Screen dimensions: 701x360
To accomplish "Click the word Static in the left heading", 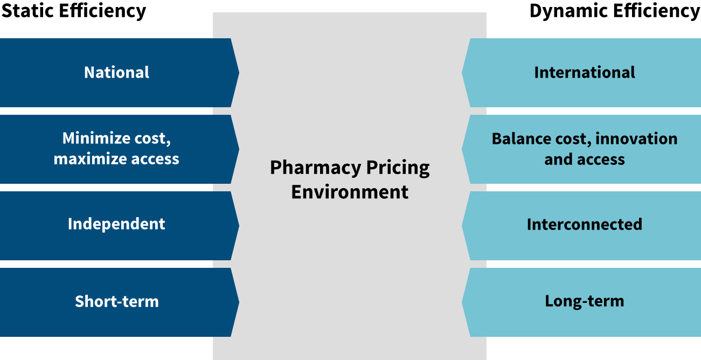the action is point(27,10).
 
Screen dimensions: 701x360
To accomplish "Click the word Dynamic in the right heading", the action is point(568,11).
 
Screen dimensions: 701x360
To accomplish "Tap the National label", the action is point(116,72).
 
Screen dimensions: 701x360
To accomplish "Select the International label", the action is point(585,72).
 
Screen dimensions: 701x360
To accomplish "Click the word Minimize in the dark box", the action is point(95,138).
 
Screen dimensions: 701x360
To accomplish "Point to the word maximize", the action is point(90,159).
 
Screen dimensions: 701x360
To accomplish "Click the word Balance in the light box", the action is point(521,139).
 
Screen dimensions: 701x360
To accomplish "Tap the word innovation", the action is point(636,139).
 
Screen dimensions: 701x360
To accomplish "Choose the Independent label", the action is point(116,224).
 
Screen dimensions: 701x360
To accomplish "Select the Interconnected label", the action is point(585,224).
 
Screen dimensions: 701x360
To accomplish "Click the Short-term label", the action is point(117,301).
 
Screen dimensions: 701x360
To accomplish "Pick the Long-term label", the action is point(585,301).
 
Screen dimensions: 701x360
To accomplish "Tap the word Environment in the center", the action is point(350,192).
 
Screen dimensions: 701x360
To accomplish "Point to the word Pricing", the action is point(398,168).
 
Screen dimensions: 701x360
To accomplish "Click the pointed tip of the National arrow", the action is point(239,73).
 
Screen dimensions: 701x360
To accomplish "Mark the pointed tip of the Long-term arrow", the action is point(462,302).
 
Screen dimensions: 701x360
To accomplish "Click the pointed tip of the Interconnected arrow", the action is point(462,226).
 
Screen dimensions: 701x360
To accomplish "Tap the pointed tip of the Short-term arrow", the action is point(239,302).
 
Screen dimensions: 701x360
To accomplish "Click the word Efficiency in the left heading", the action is point(102,11).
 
